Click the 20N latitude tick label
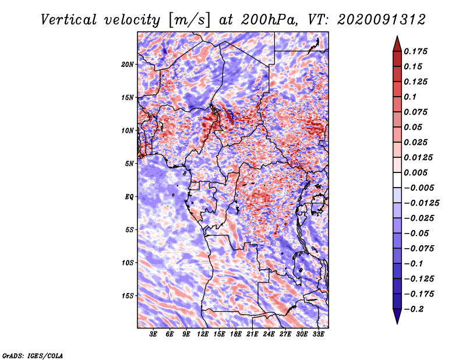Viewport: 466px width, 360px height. (128, 64)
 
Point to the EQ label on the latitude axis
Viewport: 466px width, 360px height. (129, 196)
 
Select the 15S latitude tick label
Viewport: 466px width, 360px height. (128, 295)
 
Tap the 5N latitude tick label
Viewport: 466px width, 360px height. (129, 163)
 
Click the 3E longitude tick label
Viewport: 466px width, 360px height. (154, 334)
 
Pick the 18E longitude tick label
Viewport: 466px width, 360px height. (236, 334)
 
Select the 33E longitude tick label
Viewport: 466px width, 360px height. (318, 334)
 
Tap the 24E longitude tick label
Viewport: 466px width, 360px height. (269, 334)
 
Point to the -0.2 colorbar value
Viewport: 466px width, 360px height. (415, 309)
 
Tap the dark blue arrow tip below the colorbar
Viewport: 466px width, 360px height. (396, 319)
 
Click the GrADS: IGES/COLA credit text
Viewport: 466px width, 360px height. (32, 355)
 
